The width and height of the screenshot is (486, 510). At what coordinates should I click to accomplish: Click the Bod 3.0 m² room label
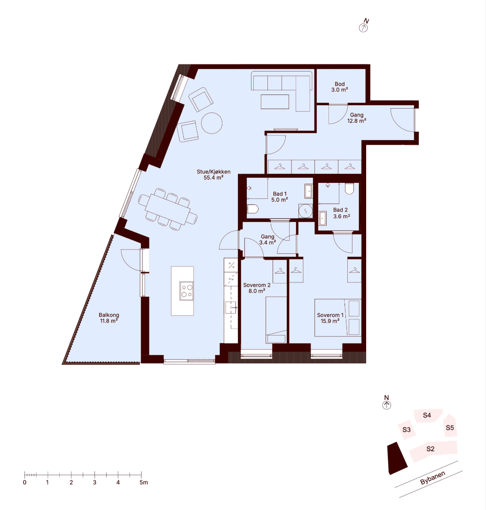click(x=340, y=87)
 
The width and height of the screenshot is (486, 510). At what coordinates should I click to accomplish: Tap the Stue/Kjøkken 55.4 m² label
click(x=213, y=175)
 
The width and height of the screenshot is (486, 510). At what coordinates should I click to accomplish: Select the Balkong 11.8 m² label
click(x=109, y=318)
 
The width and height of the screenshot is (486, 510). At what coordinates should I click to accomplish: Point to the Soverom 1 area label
click(x=330, y=318)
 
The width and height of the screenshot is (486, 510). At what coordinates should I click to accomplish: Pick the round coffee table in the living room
click(x=212, y=123)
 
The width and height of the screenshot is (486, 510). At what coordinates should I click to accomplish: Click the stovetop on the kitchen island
click(x=187, y=291)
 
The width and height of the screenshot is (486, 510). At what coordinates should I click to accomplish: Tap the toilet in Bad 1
click(x=252, y=209)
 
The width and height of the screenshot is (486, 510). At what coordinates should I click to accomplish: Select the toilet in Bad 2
click(x=349, y=188)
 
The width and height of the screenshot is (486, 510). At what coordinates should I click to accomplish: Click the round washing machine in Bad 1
click(x=306, y=211)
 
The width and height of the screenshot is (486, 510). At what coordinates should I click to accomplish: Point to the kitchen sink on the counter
click(x=231, y=307)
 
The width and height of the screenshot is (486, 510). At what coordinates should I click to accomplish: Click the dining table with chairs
click(x=168, y=210)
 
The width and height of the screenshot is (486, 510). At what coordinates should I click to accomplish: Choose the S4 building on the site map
click(x=427, y=416)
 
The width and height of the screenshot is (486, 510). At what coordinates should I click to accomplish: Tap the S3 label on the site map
click(x=406, y=430)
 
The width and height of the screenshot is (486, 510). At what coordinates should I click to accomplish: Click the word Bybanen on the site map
click(x=432, y=478)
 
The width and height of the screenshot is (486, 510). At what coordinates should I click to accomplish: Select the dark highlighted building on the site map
click(x=397, y=458)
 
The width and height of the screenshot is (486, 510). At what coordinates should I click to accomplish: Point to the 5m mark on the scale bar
click(x=141, y=475)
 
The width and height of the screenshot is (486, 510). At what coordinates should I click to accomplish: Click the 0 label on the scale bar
click(x=25, y=482)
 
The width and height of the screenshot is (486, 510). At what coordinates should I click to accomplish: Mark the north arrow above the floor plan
click(x=364, y=26)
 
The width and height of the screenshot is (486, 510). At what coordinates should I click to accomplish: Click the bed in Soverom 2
click(x=276, y=320)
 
